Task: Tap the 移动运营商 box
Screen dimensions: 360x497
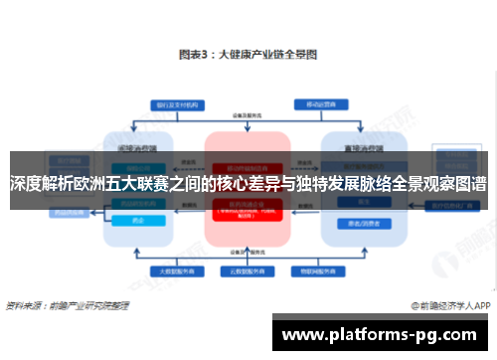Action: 318,103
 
